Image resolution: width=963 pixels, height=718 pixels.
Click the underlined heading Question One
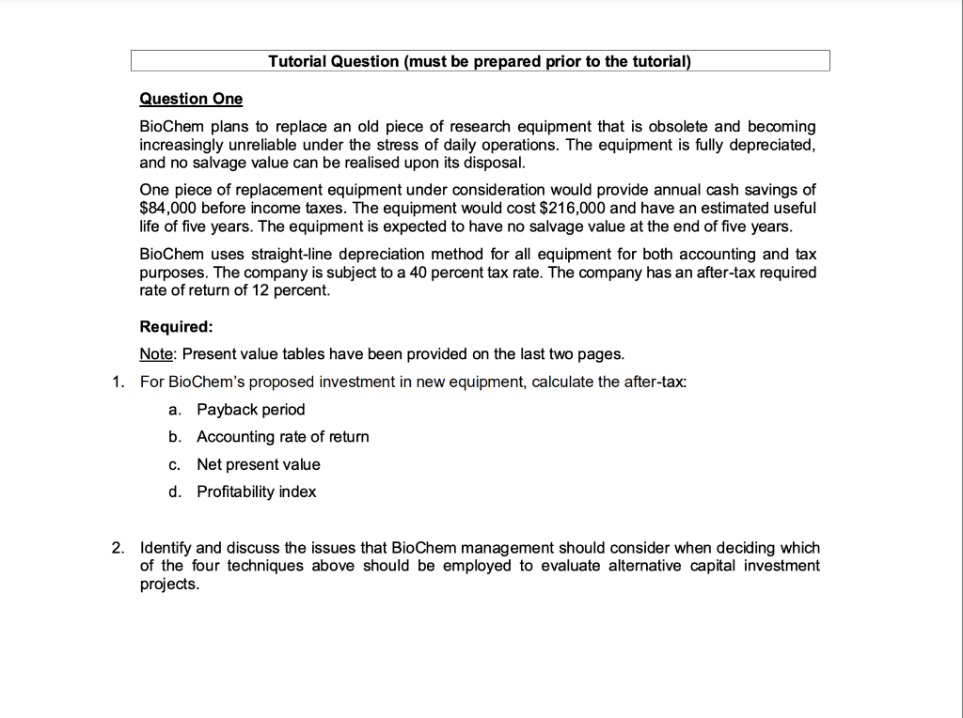tap(191, 99)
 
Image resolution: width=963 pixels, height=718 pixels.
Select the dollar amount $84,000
tap(168, 208)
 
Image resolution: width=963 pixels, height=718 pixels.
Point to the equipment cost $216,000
tap(575, 208)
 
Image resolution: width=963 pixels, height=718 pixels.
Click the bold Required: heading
tap(176, 326)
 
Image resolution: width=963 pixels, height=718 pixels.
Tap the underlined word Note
tap(156, 353)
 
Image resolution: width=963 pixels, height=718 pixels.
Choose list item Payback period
tap(250, 409)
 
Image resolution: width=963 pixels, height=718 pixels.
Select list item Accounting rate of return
tap(282, 436)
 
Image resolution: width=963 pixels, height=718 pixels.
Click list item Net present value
tap(258, 464)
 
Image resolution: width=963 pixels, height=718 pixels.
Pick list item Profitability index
tap(256, 492)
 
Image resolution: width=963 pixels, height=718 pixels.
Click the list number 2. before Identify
tap(117, 547)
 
